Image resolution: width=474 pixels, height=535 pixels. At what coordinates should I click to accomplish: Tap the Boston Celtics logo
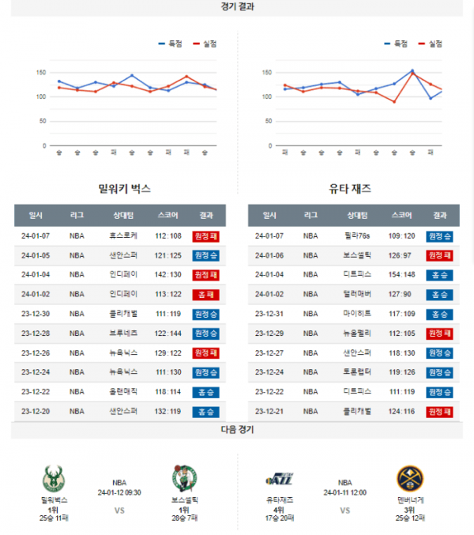point(184,480)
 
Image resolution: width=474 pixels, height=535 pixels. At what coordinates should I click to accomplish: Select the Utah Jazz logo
point(280,478)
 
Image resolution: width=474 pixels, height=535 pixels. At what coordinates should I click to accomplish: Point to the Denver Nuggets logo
point(411,480)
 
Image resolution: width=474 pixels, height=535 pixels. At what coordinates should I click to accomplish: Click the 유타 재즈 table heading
point(350,189)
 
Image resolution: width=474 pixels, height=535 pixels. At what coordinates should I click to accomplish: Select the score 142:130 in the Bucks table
point(168,274)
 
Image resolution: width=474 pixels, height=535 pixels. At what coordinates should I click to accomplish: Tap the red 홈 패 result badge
point(205,294)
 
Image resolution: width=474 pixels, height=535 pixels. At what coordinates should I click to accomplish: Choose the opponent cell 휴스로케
point(123,235)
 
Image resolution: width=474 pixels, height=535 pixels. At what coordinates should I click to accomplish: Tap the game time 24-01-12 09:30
point(119,492)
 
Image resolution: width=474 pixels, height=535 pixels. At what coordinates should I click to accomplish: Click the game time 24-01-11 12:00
point(344,492)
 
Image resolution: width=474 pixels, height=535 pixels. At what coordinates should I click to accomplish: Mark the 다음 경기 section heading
point(238,430)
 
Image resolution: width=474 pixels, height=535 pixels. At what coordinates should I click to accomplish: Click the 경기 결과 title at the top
point(238,6)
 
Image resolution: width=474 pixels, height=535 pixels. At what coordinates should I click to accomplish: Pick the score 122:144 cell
point(168,333)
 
